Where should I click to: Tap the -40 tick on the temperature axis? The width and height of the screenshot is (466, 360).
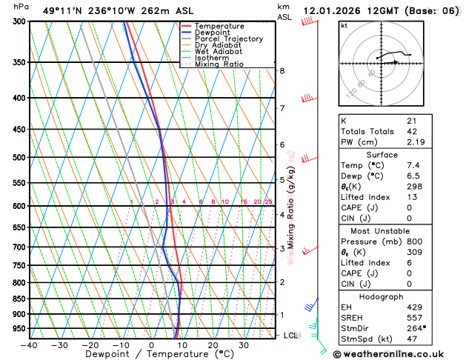point(29,345)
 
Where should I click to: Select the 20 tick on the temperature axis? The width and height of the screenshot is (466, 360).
point(213,345)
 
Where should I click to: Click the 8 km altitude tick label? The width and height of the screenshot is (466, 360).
point(282,71)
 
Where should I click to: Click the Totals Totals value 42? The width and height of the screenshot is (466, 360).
point(411,131)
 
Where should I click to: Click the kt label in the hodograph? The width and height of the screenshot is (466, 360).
point(344,25)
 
